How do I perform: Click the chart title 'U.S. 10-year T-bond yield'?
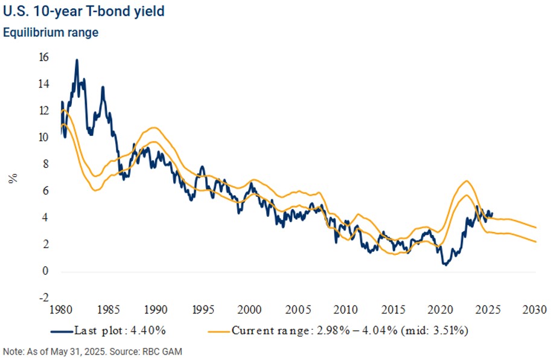pos(83,11)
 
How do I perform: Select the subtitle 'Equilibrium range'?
pos(51,32)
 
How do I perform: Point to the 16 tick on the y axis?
pos(44,57)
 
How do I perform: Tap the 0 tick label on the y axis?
pos(45,271)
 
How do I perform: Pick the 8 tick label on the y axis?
pos(45,164)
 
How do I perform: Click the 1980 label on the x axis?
pos(62,310)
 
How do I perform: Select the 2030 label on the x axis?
pos(535,310)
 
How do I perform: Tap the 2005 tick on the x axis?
pos(298,310)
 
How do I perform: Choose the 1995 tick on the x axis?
pos(203,310)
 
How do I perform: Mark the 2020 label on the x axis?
pos(441,310)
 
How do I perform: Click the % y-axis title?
pos(13,178)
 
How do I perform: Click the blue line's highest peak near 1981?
pos(77,60)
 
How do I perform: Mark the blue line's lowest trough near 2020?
pos(445,265)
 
